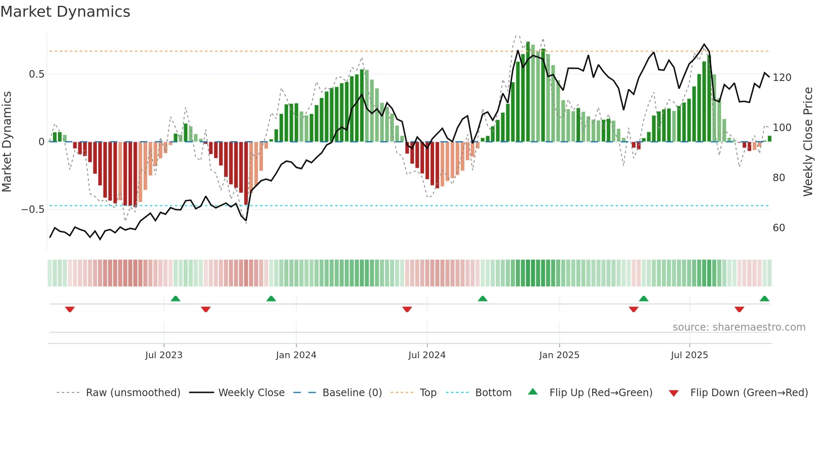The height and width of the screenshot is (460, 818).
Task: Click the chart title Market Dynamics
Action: pos(65,12)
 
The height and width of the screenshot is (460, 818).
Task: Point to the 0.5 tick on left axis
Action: pos(36,74)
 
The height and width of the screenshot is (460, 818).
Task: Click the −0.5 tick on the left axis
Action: pos(33,210)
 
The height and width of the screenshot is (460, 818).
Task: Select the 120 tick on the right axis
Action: pos(782,78)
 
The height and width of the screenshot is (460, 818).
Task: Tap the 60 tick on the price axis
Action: pos(779,228)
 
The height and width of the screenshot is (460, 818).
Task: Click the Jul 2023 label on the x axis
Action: pos(164,355)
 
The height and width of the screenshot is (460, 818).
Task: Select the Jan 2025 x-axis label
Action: pos(559,355)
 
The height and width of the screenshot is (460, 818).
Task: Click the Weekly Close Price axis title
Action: pos(808,142)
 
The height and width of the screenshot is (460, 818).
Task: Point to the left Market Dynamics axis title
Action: pos(7,142)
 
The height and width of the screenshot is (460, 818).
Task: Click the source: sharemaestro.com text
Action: pos(739,327)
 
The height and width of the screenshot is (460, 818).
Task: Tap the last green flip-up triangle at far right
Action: pos(764,299)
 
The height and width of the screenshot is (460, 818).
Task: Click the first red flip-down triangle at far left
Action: pos(70,309)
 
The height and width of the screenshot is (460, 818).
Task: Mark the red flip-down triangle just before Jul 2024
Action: pos(407,309)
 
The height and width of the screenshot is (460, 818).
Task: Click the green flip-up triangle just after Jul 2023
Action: pos(175,299)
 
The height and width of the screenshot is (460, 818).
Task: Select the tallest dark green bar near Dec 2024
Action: pos(528,92)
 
